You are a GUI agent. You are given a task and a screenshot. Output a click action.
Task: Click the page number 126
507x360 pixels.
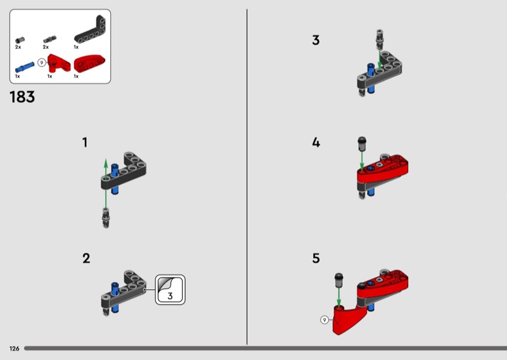(x=14, y=349)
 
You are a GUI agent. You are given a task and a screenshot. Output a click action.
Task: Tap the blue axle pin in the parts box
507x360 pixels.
(x=24, y=65)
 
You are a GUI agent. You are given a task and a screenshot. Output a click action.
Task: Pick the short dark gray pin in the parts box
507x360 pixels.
(x=19, y=40)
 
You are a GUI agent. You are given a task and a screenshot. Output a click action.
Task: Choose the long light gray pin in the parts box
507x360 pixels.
(x=47, y=40)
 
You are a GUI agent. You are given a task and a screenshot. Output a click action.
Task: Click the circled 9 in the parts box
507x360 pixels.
(x=42, y=63)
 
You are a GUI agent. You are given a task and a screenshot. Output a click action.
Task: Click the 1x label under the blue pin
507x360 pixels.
(x=18, y=76)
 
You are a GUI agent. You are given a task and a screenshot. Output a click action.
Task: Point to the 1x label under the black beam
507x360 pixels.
(x=76, y=48)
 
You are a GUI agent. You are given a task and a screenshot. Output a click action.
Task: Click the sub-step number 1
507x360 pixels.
(x=85, y=143)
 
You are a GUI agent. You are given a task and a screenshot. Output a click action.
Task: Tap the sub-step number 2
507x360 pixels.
(x=86, y=259)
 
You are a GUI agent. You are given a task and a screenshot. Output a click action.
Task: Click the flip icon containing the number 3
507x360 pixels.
(x=170, y=289)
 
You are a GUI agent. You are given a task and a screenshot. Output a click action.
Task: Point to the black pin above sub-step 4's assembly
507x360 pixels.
(x=362, y=143)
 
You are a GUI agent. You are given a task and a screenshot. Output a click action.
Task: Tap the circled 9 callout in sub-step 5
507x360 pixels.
(x=325, y=320)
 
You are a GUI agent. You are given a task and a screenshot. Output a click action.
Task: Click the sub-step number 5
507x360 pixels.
(x=316, y=259)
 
